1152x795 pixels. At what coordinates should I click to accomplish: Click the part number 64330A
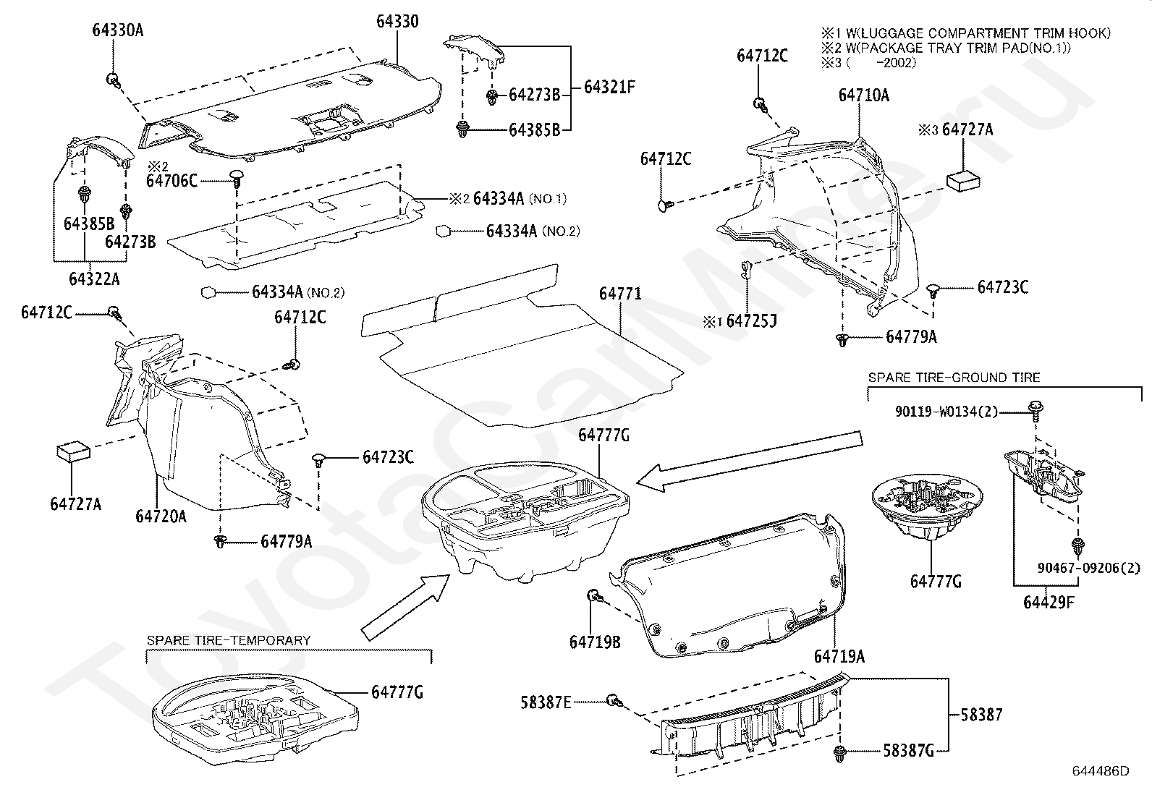click(118, 30)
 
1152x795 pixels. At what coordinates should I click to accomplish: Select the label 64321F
click(609, 87)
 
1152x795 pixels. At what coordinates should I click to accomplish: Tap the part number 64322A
click(94, 279)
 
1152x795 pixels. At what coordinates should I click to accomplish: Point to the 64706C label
click(171, 181)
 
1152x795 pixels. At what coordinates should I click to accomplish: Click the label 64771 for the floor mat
click(620, 294)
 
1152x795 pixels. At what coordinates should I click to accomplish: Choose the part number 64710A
click(863, 95)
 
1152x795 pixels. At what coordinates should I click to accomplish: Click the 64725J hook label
click(751, 321)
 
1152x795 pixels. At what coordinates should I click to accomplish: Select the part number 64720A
click(161, 516)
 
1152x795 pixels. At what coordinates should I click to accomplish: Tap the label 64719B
click(595, 642)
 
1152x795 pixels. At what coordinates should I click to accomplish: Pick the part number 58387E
click(546, 702)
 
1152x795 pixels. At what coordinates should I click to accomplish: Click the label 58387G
click(908, 751)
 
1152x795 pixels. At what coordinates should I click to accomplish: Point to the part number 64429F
click(1049, 602)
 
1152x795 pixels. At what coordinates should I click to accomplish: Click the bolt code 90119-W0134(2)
click(946, 412)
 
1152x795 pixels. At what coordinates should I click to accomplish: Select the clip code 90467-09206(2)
click(1089, 569)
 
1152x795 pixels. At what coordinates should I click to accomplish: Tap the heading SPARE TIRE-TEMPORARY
click(229, 640)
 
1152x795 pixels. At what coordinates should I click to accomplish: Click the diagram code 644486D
click(1101, 771)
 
